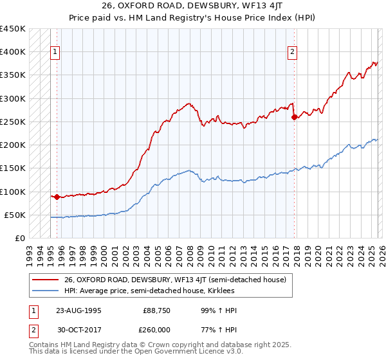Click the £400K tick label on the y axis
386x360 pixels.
[x=13, y=52]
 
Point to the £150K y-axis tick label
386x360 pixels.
[x=13, y=168]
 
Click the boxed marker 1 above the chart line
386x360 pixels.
[x=55, y=53]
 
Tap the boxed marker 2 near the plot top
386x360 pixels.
[x=292, y=53]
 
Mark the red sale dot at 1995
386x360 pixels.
[x=57, y=197]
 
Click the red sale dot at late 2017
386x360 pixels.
[x=294, y=117]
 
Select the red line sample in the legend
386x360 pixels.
[x=46, y=280]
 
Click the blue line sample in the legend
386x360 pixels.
[x=46, y=291]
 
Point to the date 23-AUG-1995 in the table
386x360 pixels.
[x=78, y=310]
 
